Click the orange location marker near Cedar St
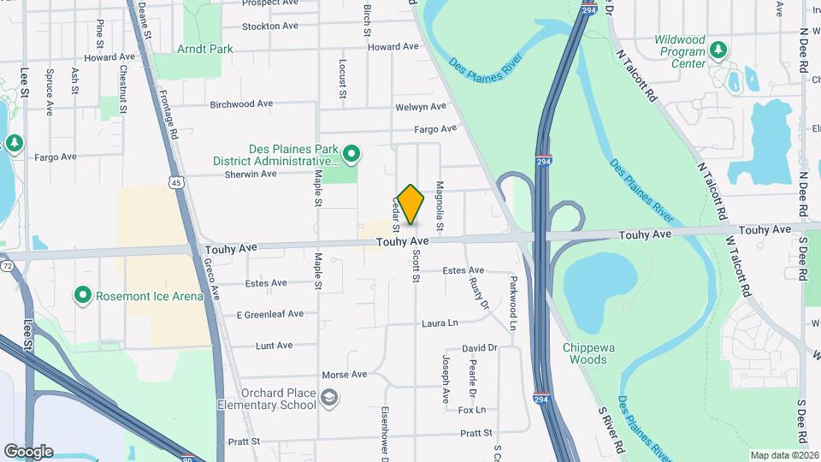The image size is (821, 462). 410,204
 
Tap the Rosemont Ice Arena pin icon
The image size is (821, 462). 83,296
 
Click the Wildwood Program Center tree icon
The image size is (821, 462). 718,50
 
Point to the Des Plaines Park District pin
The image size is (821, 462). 351,154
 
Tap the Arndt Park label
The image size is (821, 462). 204,50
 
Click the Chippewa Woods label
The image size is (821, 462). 585,353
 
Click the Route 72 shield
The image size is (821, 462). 8,267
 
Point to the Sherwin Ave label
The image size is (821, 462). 250,174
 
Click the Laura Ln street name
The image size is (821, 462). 440,323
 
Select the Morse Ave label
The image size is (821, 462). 344,375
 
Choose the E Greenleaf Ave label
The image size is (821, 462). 269,314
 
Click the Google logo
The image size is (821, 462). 29,451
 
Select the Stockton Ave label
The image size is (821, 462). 269,26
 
